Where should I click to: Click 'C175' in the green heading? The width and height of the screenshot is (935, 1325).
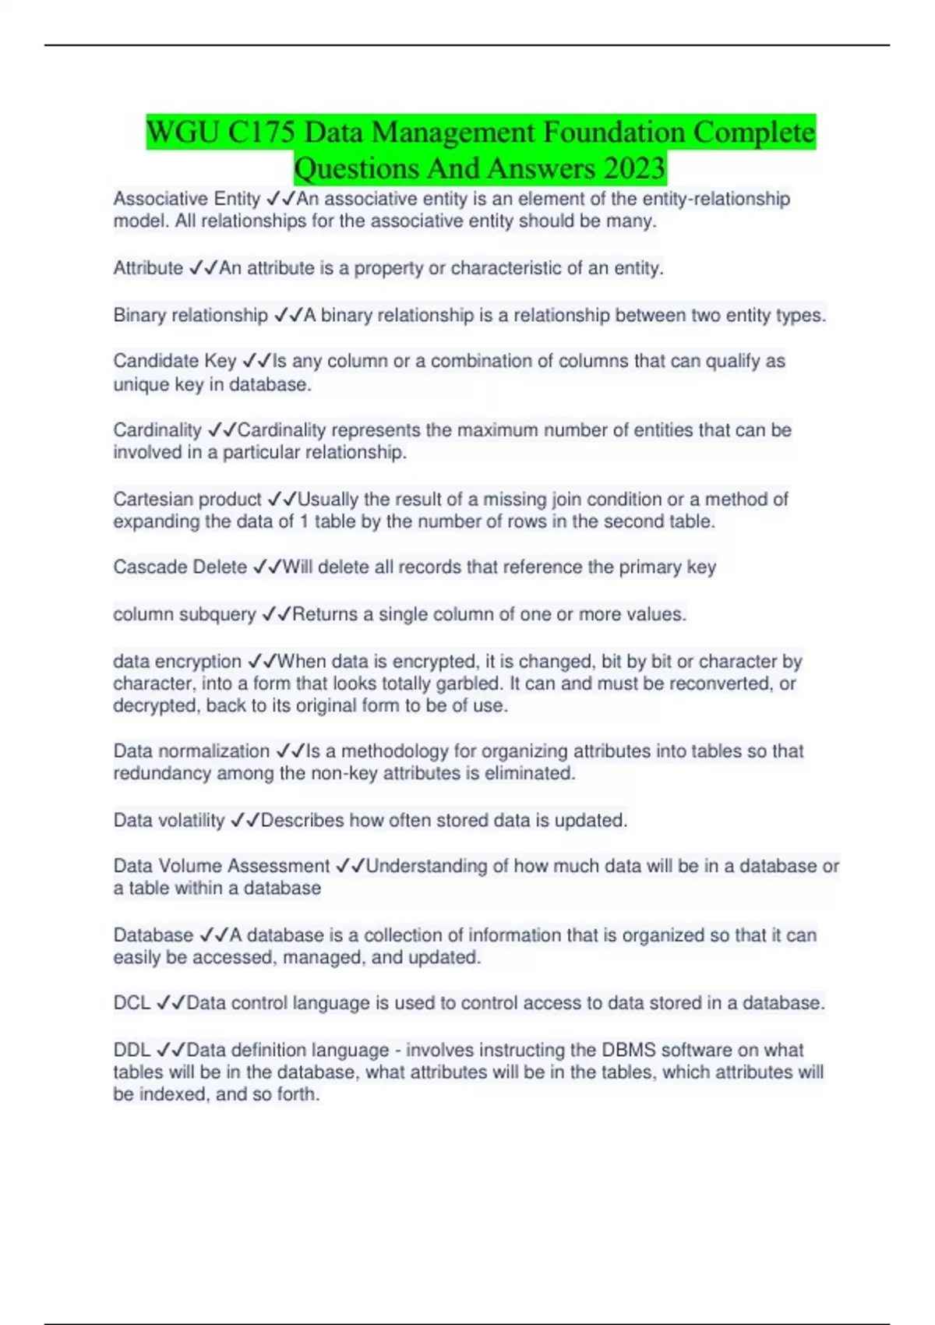point(262,132)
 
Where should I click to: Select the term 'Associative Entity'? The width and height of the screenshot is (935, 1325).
point(186,199)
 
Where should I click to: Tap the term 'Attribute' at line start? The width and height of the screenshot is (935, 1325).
point(148,268)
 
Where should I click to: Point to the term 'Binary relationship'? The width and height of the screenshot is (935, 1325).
point(190,315)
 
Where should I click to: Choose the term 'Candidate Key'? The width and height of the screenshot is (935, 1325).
point(175,361)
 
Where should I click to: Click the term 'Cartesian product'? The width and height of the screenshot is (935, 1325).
point(187,499)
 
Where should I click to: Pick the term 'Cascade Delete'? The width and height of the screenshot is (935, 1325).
point(180,567)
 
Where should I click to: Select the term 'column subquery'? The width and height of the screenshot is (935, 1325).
point(184,614)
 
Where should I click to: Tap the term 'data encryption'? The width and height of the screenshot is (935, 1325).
point(177,661)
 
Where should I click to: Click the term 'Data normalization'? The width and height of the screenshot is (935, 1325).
point(191,751)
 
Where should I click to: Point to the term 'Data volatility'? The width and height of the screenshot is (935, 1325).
point(168,820)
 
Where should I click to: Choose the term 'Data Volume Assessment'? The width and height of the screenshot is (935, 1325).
point(221,866)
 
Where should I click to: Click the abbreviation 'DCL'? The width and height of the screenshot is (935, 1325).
point(132,1002)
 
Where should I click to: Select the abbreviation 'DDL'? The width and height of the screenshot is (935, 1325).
point(132,1050)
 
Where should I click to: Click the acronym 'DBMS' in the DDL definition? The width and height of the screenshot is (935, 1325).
point(628,1050)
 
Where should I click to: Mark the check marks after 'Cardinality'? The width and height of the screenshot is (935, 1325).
point(222,429)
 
